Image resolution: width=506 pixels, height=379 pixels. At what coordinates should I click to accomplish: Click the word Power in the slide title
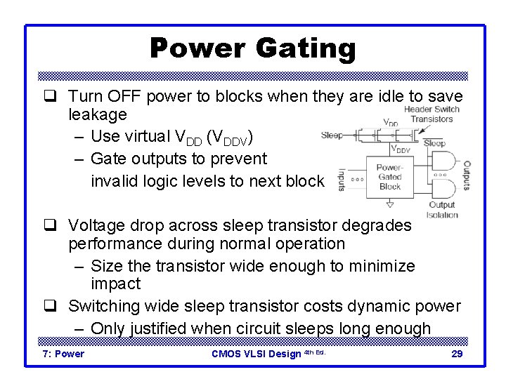pyautogui.click(x=199, y=49)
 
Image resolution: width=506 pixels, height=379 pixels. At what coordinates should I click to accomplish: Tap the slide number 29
pyautogui.click(x=456, y=354)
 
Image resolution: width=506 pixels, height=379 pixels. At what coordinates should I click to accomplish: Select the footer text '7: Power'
pyautogui.click(x=63, y=354)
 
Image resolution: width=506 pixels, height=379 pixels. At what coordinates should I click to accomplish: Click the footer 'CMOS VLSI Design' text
pyautogui.click(x=257, y=354)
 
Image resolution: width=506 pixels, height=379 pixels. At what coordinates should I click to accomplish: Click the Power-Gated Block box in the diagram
pyautogui.click(x=389, y=177)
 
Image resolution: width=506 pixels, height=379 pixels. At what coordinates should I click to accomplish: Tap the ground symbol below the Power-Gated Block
pyautogui.click(x=390, y=204)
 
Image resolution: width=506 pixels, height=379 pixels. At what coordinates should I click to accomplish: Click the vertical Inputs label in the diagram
pyautogui.click(x=342, y=179)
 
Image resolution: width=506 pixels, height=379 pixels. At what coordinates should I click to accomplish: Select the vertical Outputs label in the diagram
pyautogui.click(x=466, y=175)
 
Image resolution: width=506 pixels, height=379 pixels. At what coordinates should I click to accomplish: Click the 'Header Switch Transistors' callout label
pyautogui.click(x=432, y=114)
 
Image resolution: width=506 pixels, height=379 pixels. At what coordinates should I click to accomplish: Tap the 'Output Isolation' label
pyautogui.click(x=442, y=210)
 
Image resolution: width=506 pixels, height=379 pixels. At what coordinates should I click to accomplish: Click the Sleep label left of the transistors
pyautogui.click(x=332, y=135)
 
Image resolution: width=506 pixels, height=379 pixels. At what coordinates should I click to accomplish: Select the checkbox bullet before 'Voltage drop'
pyautogui.click(x=51, y=225)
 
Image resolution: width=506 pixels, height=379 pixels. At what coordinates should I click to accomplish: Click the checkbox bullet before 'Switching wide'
pyautogui.click(x=51, y=306)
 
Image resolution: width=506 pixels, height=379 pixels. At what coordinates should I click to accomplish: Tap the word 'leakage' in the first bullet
pyautogui.click(x=98, y=114)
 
